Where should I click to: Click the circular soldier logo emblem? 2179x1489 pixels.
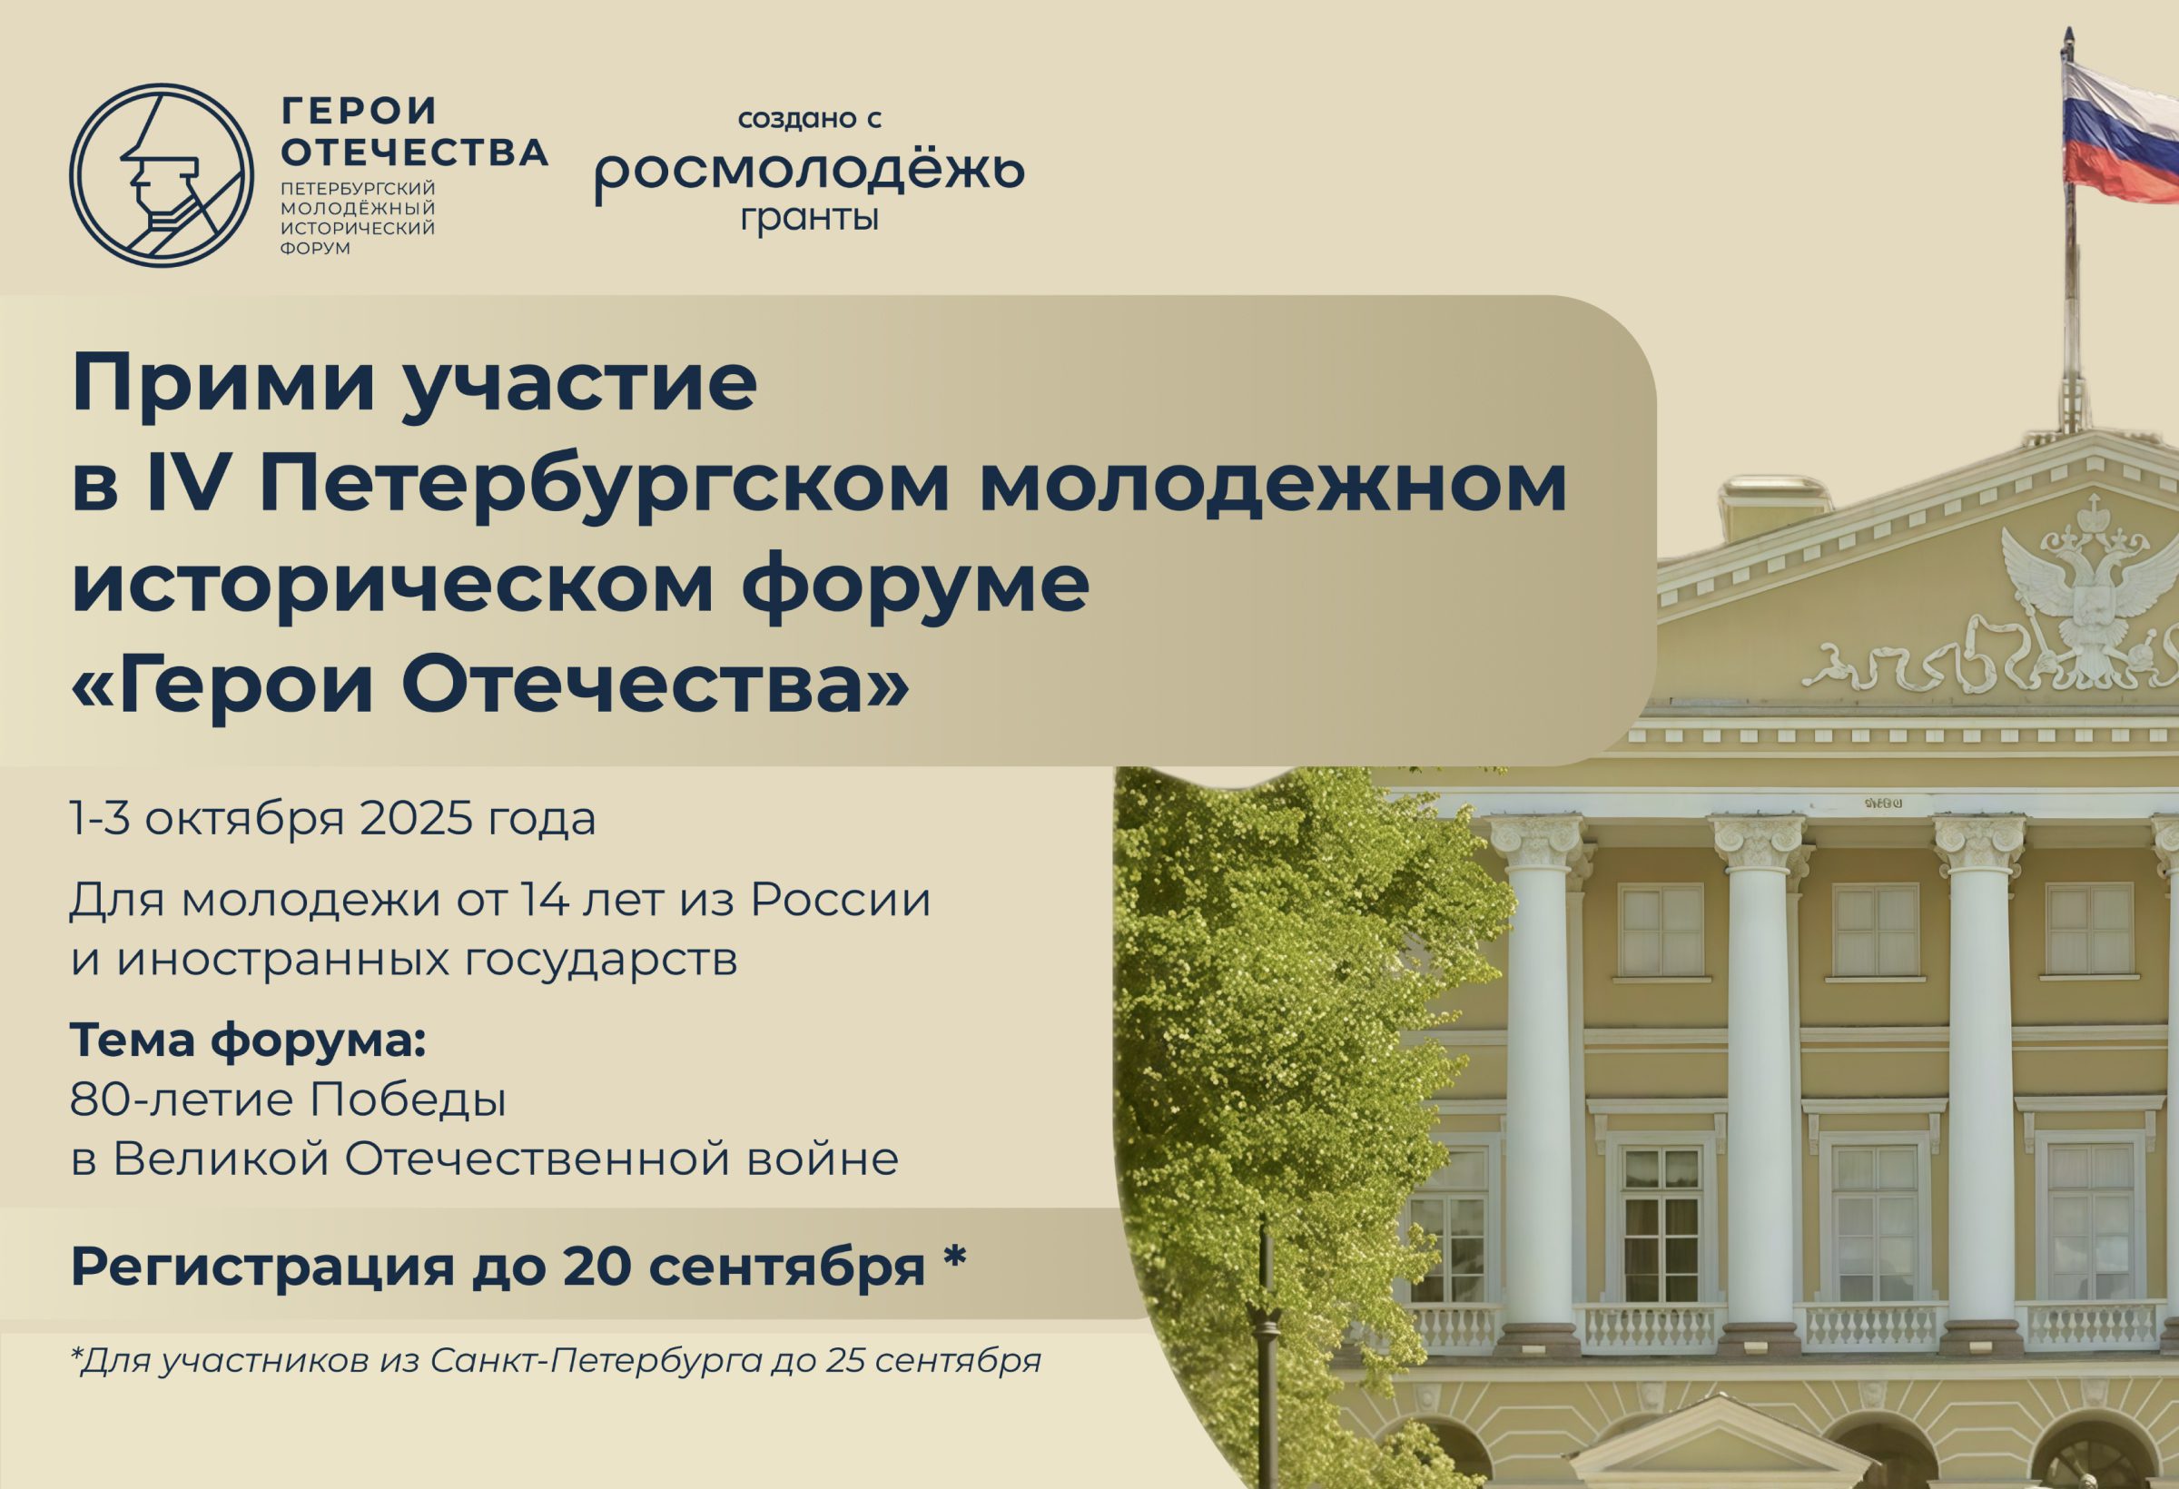coord(162,175)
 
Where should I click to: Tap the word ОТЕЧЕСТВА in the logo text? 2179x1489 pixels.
coord(414,152)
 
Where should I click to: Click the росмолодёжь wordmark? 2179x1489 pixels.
coord(810,171)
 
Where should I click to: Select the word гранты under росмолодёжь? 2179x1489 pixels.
coord(810,219)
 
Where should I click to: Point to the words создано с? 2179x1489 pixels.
coord(810,119)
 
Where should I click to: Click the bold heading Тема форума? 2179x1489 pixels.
coord(249,1040)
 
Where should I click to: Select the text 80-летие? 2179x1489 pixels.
coord(182,1099)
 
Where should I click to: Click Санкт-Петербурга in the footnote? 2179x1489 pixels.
coord(596,1361)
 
